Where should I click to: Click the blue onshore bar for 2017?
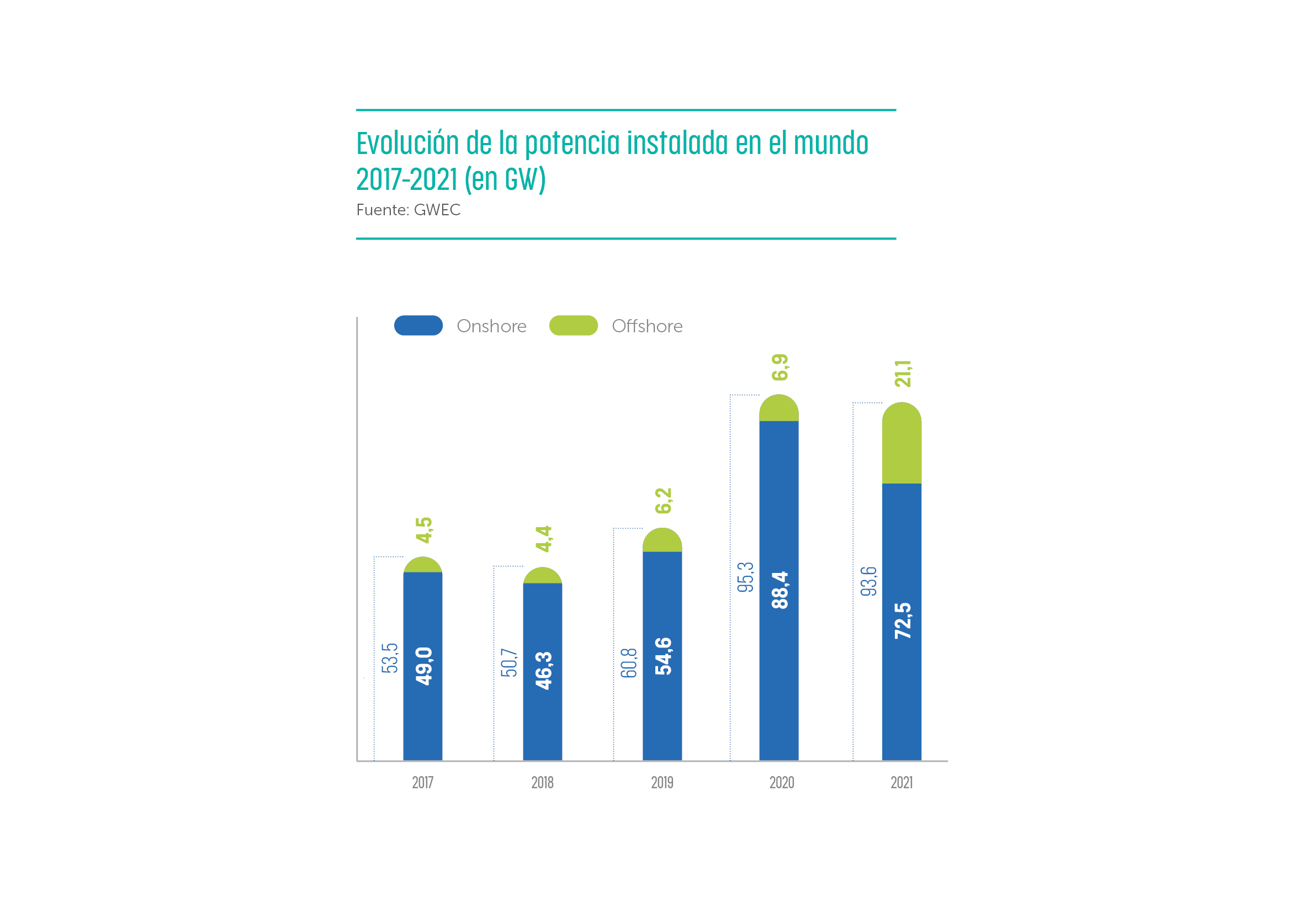(x=422, y=710)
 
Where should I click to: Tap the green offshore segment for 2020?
(x=778, y=409)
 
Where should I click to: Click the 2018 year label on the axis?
(x=542, y=783)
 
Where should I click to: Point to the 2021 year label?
(x=902, y=783)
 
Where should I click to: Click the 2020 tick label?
(x=782, y=783)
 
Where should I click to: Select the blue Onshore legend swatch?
(x=418, y=325)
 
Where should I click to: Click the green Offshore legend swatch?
(x=574, y=325)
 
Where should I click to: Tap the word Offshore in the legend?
(x=647, y=326)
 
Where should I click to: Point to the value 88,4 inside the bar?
(x=780, y=590)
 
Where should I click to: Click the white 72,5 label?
(x=903, y=620)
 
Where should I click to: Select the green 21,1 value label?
(x=903, y=374)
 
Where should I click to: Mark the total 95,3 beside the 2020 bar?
(x=745, y=577)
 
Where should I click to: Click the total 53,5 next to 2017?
(x=390, y=658)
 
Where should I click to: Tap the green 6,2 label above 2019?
(x=664, y=501)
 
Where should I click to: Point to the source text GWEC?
(x=437, y=210)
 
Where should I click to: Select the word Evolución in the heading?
(x=407, y=143)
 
